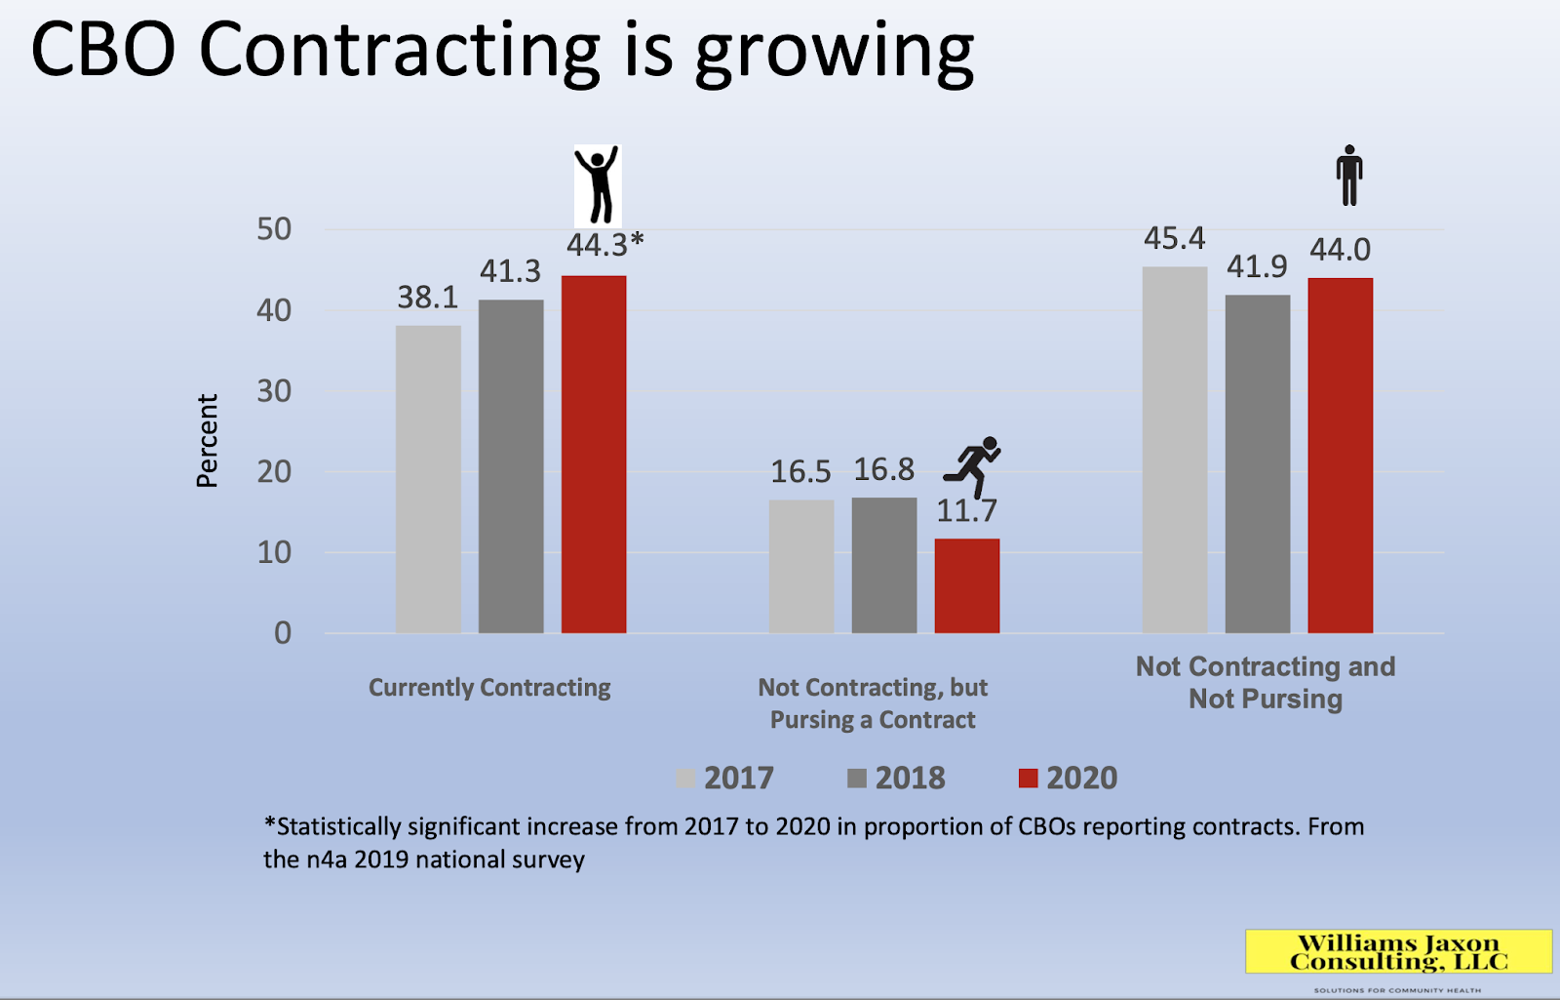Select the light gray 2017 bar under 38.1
[x=428, y=479]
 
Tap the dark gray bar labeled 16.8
[x=883, y=565]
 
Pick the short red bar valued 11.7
[x=966, y=585]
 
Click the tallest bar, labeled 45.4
[x=1174, y=450]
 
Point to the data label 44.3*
[x=604, y=245]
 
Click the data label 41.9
[x=1257, y=266]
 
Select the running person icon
[x=973, y=465]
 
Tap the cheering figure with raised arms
[x=597, y=185]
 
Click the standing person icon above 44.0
[x=1348, y=176]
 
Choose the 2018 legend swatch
[x=857, y=778]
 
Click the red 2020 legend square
[x=1028, y=778]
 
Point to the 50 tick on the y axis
[x=274, y=229]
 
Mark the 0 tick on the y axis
[x=283, y=633]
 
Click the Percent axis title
[x=207, y=440]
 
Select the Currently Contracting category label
[x=489, y=688]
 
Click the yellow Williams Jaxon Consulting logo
[x=1398, y=952]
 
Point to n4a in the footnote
[x=327, y=860]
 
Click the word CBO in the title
[x=103, y=50]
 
